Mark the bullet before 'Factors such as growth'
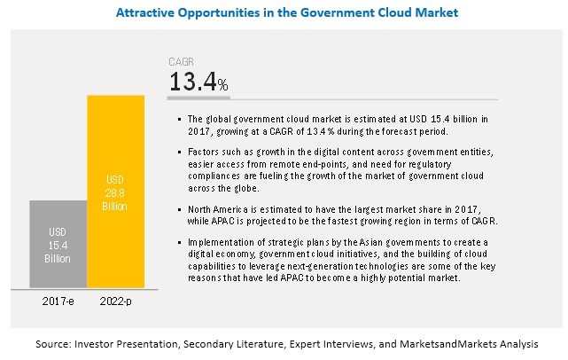(x=179, y=152)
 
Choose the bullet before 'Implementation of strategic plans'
(x=179, y=241)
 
